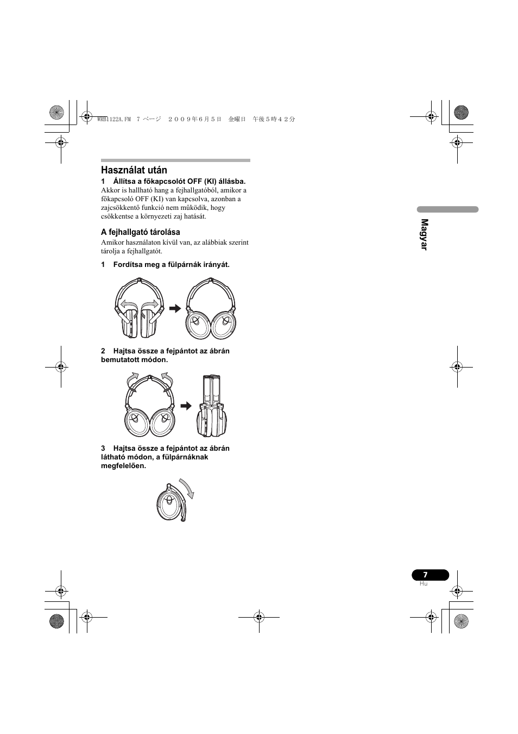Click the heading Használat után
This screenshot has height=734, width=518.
[x=134, y=170]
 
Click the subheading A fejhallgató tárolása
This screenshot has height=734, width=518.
[x=141, y=232]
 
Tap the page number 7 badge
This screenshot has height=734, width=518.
[x=429, y=575]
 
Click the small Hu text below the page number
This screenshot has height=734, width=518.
[x=424, y=584]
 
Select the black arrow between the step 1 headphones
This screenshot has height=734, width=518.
[x=175, y=309]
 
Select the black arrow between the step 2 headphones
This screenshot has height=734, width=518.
[x=186, y=406]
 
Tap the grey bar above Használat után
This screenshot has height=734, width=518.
[x=175, y=160]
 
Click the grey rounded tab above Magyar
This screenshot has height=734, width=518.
[x=447, y=209]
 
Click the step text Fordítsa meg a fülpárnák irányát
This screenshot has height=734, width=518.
[x=171, y=265]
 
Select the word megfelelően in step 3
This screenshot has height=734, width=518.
[x=123, y=466]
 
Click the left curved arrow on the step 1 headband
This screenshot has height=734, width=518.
[x=129, y=304]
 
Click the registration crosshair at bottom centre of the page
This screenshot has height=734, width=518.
[x=259, y=617]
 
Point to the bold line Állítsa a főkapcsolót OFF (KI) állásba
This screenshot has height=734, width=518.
[x=179, y=182]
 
